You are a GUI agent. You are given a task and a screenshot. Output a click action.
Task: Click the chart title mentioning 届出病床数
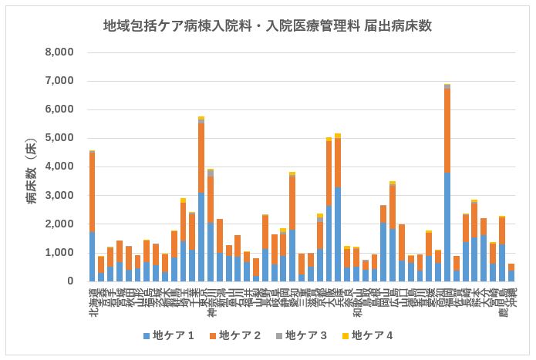pos(268,26)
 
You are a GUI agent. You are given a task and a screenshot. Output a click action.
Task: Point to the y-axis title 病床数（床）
pos(32,173)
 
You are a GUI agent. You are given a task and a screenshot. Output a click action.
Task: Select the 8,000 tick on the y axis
pos(59,52)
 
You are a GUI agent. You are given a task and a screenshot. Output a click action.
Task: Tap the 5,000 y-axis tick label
pos(59,138)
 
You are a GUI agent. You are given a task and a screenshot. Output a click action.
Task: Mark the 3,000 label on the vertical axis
pos(59,196)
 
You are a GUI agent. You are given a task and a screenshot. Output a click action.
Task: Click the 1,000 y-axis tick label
pos(59,253)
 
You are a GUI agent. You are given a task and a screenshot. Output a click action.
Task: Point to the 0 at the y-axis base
pos(69,281)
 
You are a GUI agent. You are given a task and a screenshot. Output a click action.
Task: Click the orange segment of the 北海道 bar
pos(93,193)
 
